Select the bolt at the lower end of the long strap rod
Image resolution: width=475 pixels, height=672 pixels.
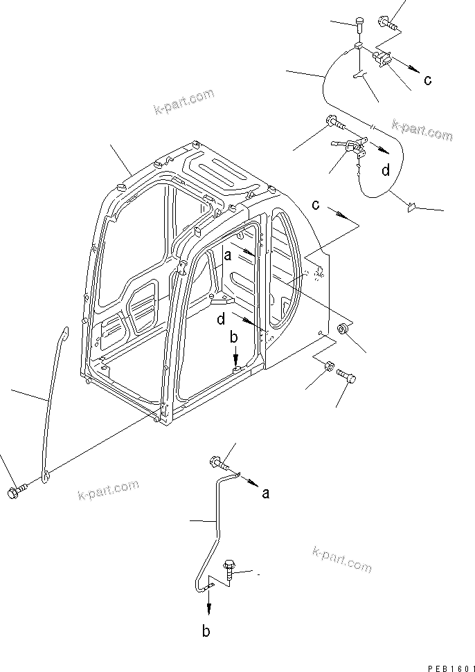tap(17, 491)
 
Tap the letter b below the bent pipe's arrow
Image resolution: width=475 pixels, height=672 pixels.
tap(206, 631)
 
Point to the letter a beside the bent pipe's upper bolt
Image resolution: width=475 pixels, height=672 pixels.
tap(265, 494)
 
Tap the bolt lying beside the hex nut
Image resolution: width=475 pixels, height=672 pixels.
tap(348, 376)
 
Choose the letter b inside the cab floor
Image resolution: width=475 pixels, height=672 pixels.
tap(235, 338)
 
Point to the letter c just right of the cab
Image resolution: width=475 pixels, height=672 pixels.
tap(316, 205)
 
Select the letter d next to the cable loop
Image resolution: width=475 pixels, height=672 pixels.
tap(385, 170)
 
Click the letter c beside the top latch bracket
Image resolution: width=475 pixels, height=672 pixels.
tap(428, 80)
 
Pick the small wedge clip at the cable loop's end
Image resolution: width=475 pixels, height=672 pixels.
tap(410, 205)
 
